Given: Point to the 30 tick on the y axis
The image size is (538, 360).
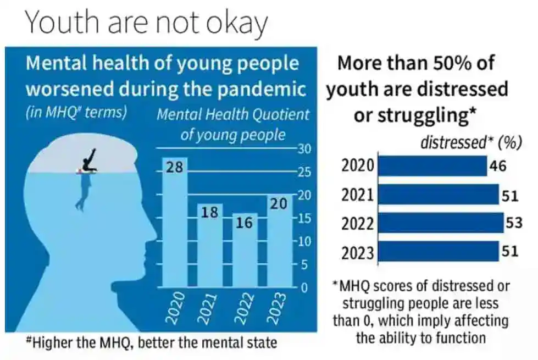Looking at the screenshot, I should pyautogui.click(x=304, y=148).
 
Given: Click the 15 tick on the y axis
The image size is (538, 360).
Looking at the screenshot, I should pyautogui.click(x=304, y=218).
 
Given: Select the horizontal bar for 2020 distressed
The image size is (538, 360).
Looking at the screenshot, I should pyautogui.click(x=432, y=166).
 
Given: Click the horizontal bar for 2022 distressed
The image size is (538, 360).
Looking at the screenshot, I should pyautogui.click(x=441, y=224).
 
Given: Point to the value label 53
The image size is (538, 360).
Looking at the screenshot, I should pyautogui.click(x=514, y=224).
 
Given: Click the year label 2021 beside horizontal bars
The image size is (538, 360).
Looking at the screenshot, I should pyautogui.click(x=357, y=195).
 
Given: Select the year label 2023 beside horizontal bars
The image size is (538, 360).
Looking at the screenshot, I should pyautogui.click(x=357, y=253).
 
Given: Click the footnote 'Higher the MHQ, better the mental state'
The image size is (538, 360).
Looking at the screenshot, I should pyautogui.click(x=151, y=343).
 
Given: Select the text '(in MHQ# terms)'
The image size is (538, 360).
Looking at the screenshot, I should pyautogui.click(x=76, y=113).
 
